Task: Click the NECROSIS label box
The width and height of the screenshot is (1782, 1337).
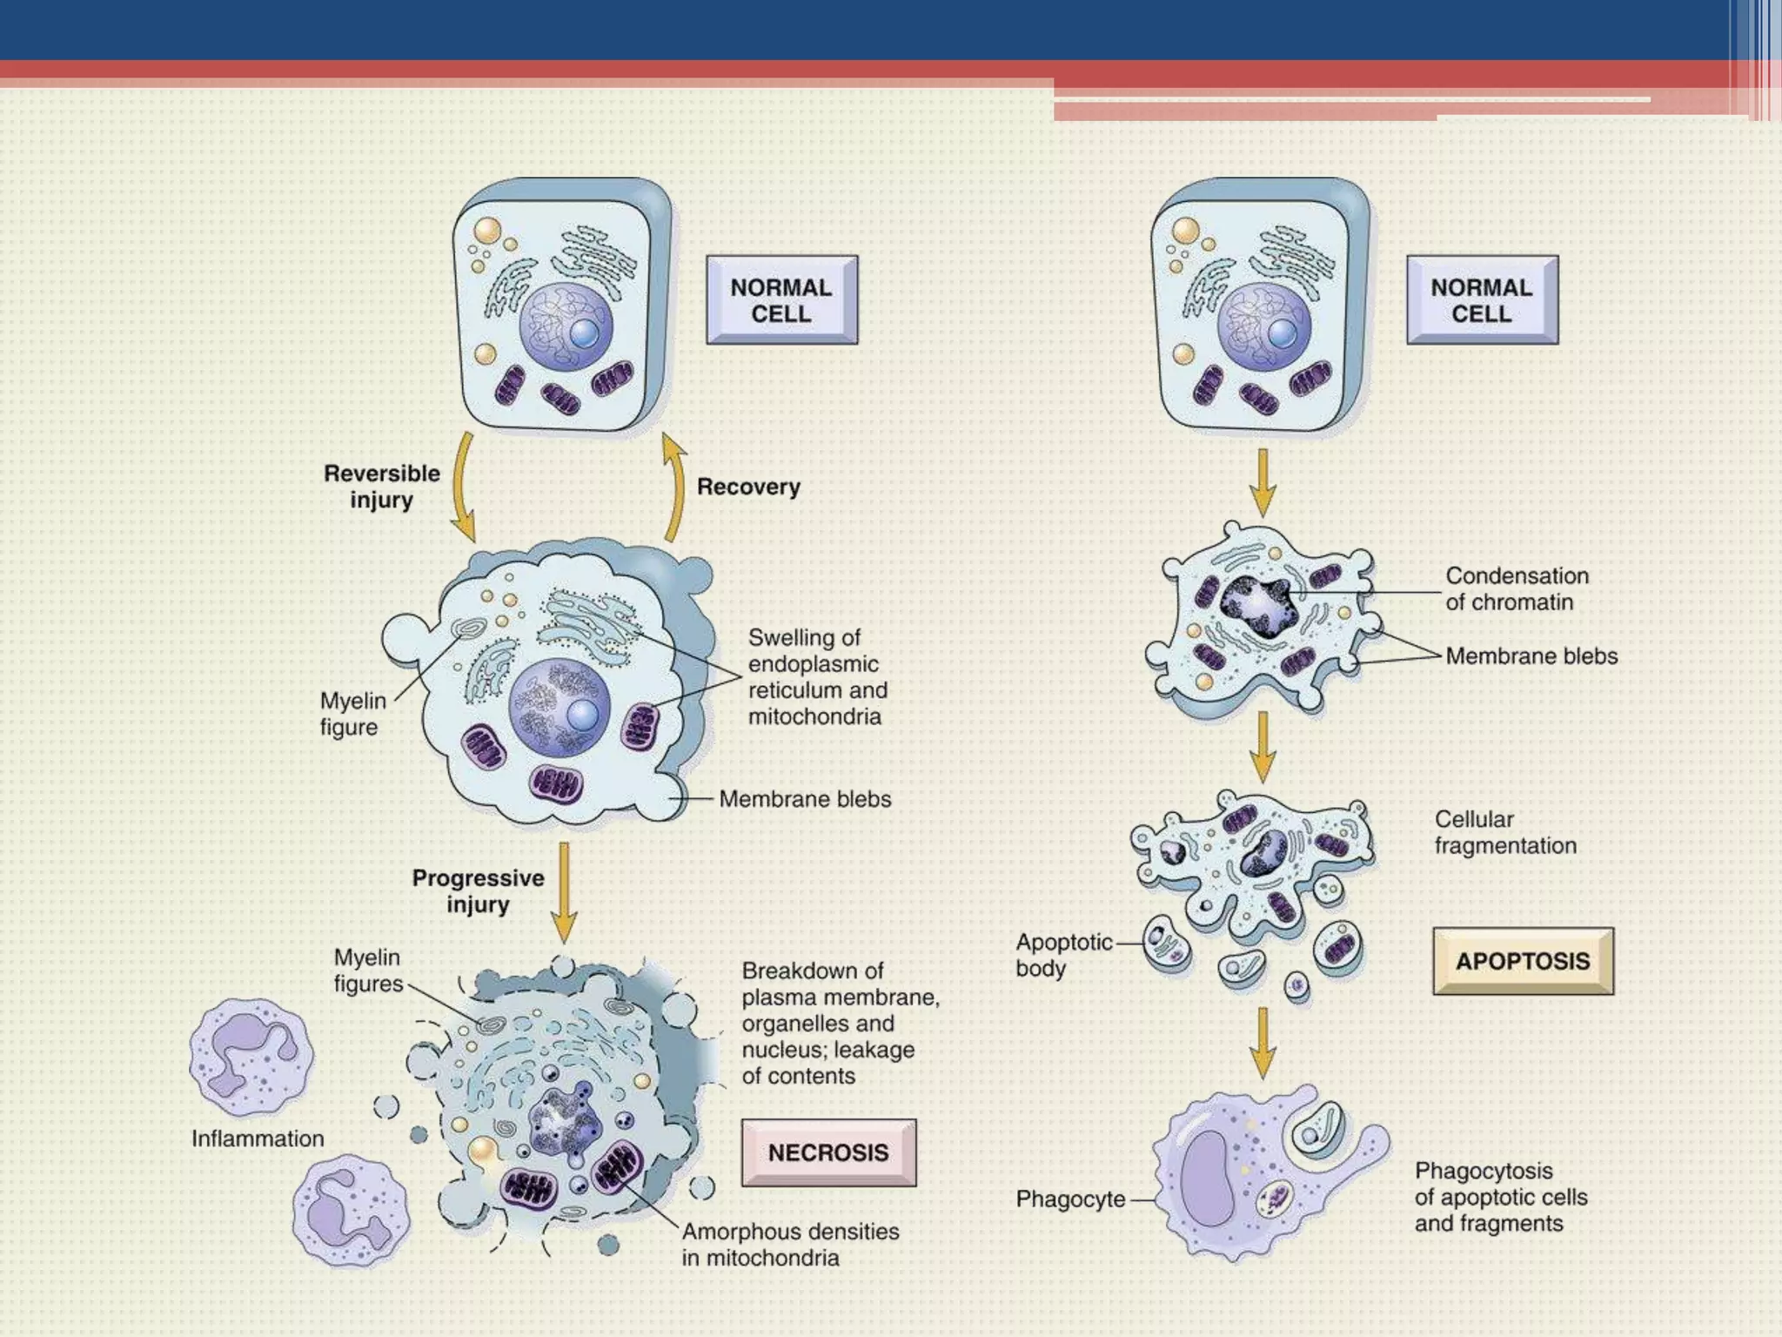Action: click(827, 1152)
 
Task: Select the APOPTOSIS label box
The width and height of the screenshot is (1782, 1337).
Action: click(1523, 961)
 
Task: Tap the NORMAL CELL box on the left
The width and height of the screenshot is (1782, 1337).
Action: click(781, 300)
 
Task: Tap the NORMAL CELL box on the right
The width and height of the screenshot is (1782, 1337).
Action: click(1482, 300)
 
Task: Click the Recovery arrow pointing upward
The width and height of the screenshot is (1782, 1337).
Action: click(673, 487)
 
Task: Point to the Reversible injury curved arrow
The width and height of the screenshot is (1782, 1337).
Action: click(462, 487)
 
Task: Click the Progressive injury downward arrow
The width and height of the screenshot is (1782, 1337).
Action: click(564, 891)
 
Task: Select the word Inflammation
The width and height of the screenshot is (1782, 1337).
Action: click(258, 1139)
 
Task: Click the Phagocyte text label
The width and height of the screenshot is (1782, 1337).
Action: click(1070, 1199)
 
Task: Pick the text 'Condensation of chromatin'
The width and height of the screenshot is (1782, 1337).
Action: click(1516, 589)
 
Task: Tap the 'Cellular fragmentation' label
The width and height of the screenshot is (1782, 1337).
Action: click(1504, 832)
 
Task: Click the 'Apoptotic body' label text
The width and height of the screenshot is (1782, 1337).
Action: click(1062, 955)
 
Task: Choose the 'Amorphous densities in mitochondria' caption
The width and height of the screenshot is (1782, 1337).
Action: click(789, 1245)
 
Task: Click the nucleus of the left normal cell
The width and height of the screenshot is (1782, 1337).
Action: click(566, 326)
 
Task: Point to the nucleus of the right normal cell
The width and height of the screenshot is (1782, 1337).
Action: click(1263, 326)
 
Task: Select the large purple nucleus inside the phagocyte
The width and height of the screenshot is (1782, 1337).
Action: click(1208, 1179)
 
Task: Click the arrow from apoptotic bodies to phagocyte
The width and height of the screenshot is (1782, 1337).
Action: click(1263, 1042)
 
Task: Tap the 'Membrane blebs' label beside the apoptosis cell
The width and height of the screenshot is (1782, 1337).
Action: click(1531, 656)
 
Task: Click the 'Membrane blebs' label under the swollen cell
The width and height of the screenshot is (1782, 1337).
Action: click(805, 799)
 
